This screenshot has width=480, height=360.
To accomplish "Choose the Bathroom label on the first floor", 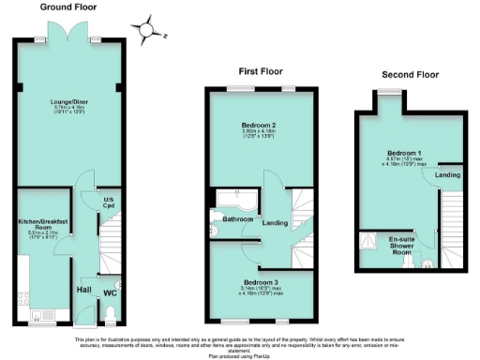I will click(237, 219).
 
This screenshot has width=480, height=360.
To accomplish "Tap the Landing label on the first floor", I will click(274, 222).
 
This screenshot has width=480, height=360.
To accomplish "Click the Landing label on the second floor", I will click(447, 174).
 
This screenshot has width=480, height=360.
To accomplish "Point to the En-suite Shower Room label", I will click(402, 245).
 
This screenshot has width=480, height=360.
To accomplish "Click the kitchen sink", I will click(38, 313).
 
